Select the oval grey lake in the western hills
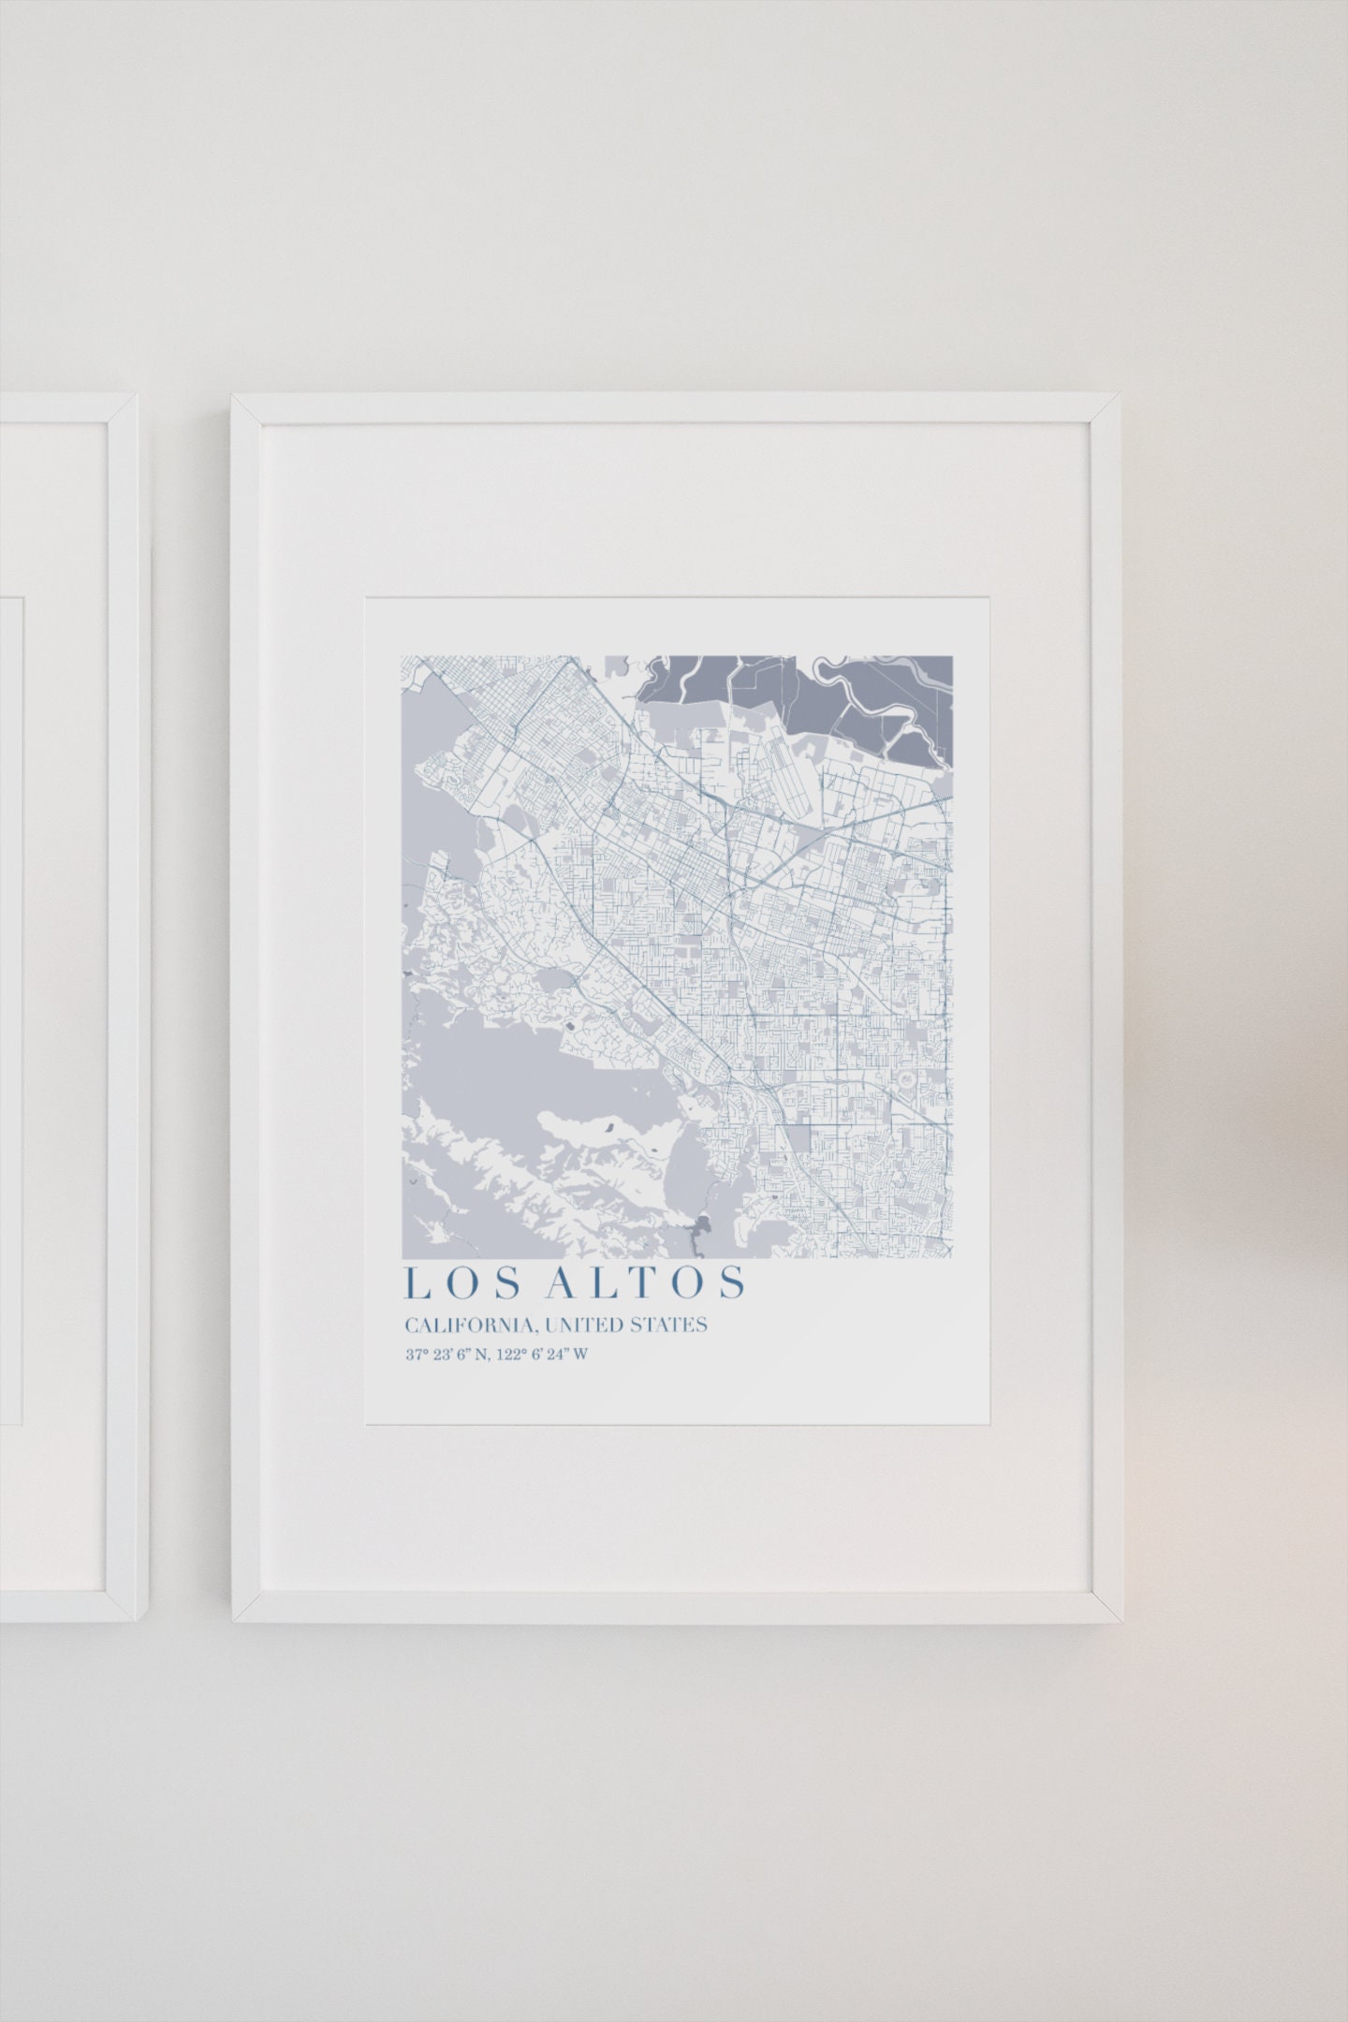560,980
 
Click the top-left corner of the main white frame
234,397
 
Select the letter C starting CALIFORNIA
410,1326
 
